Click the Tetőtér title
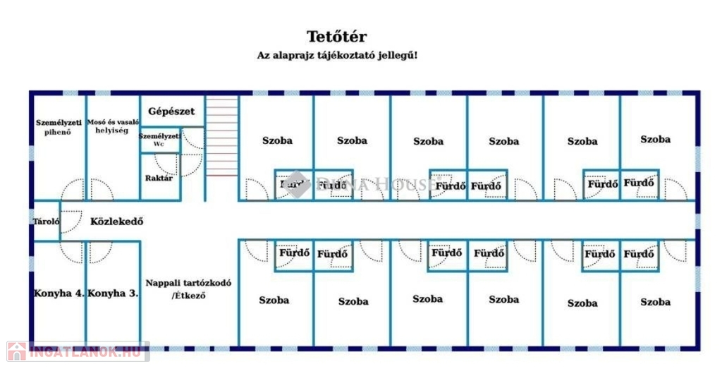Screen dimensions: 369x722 336,37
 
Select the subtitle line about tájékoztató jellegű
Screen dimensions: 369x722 336,55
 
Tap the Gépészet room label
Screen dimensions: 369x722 171,111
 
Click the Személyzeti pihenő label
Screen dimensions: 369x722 59,127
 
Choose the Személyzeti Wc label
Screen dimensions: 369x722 159,139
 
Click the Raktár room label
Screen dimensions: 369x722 159,178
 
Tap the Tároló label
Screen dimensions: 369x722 47,222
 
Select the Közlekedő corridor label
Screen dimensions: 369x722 117,221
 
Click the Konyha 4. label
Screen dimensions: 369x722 59,294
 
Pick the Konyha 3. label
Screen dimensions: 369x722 113,294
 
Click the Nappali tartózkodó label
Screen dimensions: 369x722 188,282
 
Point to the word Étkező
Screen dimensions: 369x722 189,296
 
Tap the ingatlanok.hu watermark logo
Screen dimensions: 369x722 76,351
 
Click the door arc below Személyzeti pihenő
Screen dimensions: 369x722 73,190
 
